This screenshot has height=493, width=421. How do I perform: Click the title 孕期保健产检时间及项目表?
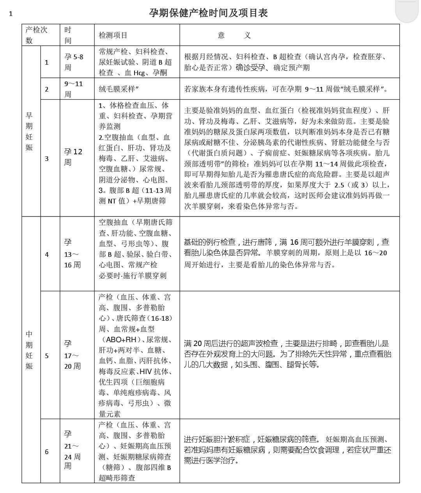click(x=208, y=13)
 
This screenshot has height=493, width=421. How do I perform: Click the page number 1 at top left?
click(x=11, y=14)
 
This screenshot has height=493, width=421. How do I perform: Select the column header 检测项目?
click(x=113, y=35)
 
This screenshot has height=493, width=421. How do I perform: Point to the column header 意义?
click(x=234, y=35)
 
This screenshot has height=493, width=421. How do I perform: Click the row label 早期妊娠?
click(x=29, y=131)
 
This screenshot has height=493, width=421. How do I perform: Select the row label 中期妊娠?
click(x=29, y=350)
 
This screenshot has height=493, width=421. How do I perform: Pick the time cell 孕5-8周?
click(x=74, y=62)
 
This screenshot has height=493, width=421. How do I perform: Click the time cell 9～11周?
click(x=74, y=89)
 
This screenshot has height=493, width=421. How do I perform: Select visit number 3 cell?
click(x=47, y=158)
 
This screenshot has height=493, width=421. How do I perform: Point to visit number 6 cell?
click(x=47, y=452)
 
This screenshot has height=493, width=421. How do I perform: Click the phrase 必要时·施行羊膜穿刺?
click(x=132, y=276)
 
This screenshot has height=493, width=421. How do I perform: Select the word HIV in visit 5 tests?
click(x=145, y=371)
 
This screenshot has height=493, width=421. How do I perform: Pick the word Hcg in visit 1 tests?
click(x=139, y=73)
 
